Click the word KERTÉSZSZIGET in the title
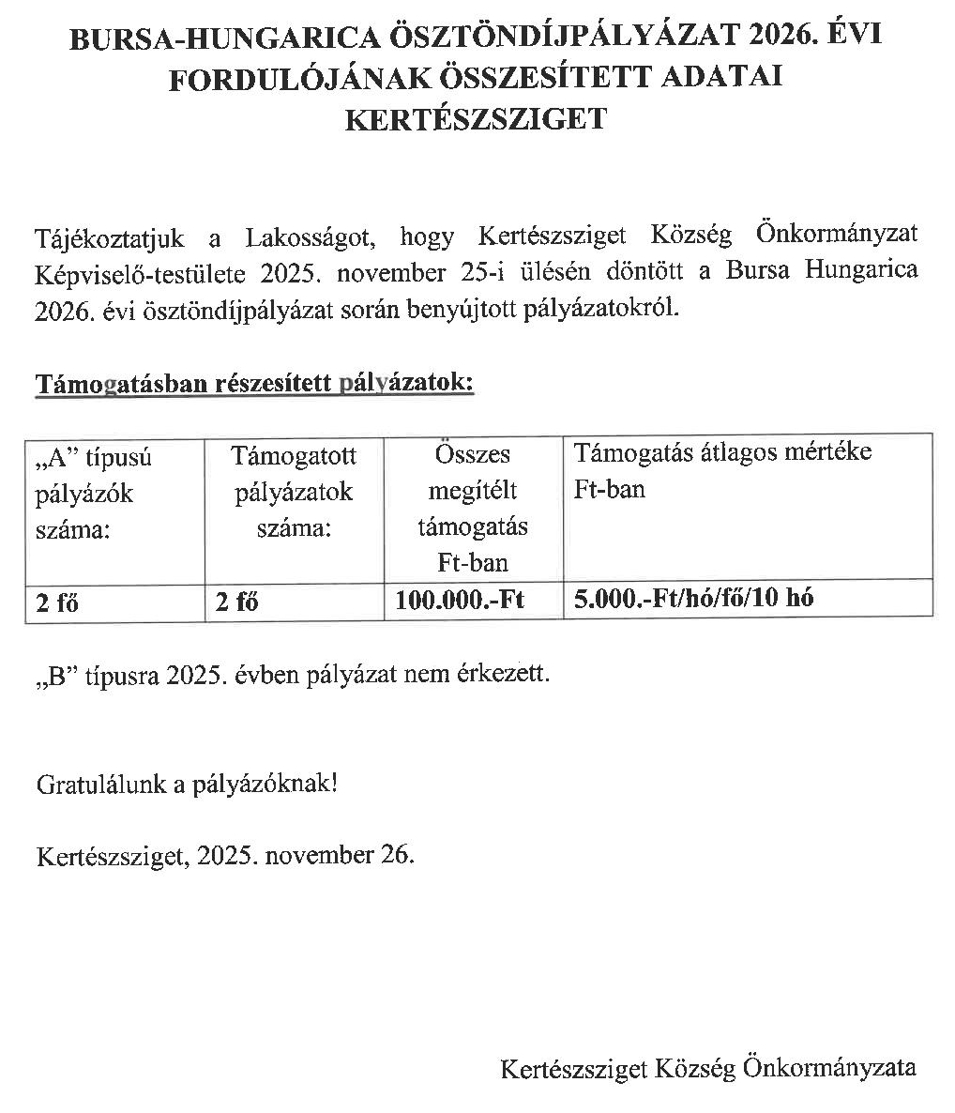point(477,119)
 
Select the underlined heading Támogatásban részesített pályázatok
point(254,383)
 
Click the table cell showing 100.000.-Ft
point(460,600)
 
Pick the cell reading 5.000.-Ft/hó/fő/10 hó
point(693,598)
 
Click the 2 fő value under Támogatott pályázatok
point(236,602)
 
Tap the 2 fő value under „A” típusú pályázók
point(57,602)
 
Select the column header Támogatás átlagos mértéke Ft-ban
point(722,470)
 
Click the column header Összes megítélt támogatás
point(473,508)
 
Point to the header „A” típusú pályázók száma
point(94,494)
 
